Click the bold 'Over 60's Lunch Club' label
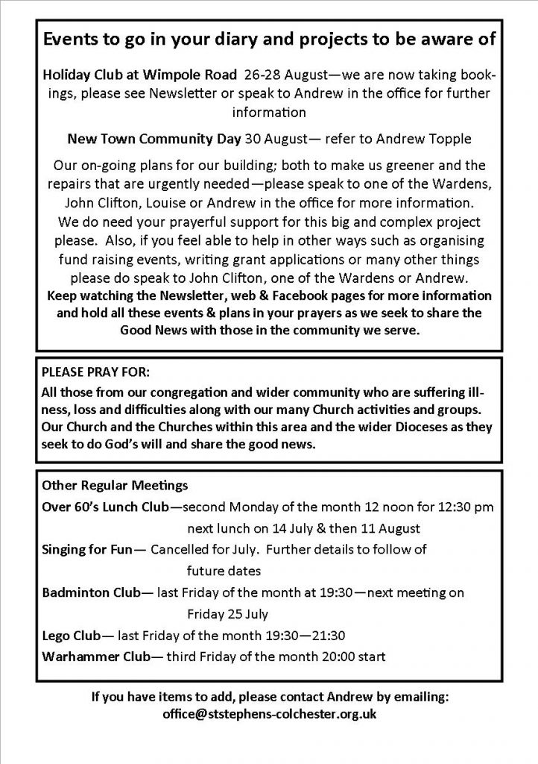[x=106, y=507]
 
